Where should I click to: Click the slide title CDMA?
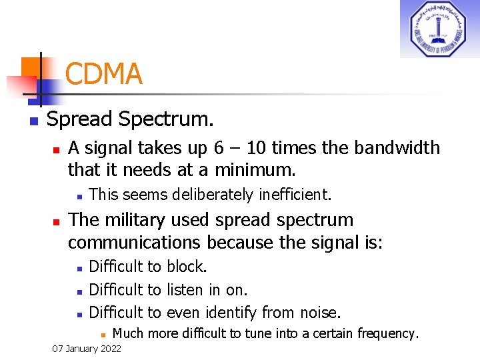(103, 74)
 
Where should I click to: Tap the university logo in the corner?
(439, 29)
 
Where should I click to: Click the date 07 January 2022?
(87, 349)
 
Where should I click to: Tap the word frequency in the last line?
(386, 333)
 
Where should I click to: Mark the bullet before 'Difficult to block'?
(78, 268)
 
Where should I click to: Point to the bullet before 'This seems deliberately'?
(78, 196)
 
